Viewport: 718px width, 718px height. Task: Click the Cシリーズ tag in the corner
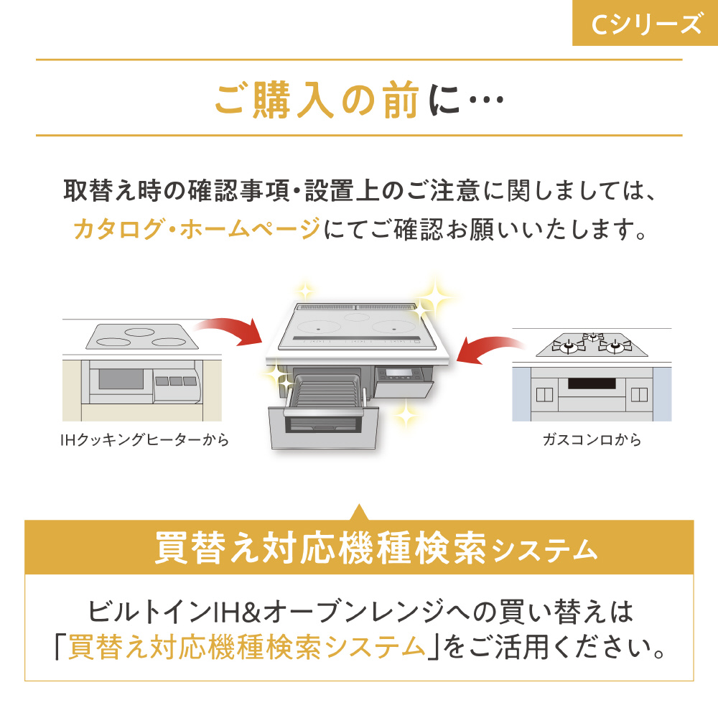(x=645, y=23)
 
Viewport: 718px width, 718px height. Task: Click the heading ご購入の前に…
(x=360, y=99)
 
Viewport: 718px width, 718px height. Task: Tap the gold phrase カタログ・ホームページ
(x=197, y=228)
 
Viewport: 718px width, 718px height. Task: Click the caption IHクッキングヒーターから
(x=145, y=440)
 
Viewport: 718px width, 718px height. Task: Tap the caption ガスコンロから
(x=592, y=440)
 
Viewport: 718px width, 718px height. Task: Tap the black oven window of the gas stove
(x=592, y=383)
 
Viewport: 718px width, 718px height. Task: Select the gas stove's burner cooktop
(x=592, y=345)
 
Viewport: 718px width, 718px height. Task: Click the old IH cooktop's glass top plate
(x=142, y=337)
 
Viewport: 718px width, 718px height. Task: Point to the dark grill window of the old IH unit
(x=121, y=378)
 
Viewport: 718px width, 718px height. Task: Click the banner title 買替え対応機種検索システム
(x=376, y=548)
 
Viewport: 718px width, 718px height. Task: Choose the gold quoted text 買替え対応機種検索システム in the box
(x=247, y=647)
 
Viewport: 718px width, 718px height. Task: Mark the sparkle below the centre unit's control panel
(x=405, y=413)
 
